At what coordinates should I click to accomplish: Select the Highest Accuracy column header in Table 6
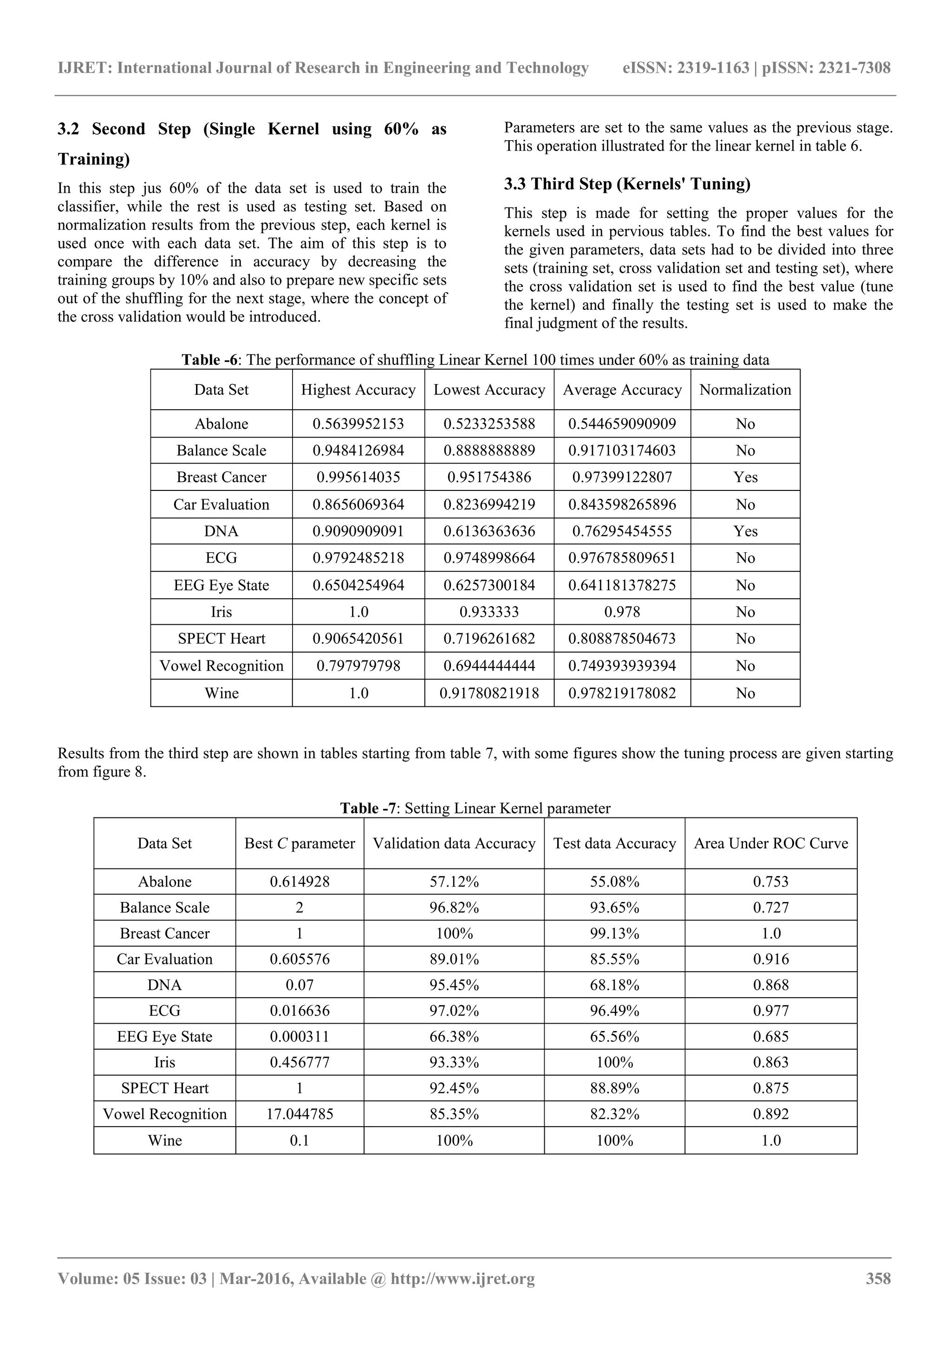[x=358, y=390]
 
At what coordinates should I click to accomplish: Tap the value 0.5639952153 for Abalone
[x=358, y=424]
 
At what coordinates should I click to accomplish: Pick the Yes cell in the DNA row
[x=745, y=531]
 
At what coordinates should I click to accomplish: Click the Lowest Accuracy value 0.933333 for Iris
[x=489, y=612]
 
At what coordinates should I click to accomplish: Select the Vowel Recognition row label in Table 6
[x=221, y=666]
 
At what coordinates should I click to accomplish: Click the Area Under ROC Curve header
[x=771, y=843]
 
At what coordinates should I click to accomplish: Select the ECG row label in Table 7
[x=164, y=1011]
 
